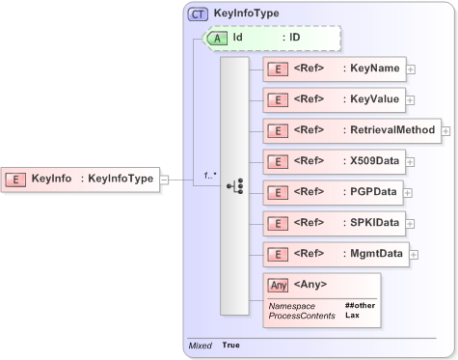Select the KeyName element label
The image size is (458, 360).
(x=372, y=69)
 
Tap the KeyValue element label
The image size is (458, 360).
(x=372, y=98)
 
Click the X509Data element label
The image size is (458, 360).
(x=374, y=160)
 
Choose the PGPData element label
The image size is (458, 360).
(x=373, y=191)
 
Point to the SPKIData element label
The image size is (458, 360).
(x=374, y=222)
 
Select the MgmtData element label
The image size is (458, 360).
(x=375, y=253)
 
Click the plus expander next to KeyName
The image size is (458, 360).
(x=411, y=69)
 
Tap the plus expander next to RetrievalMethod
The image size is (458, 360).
(x=446, y=130)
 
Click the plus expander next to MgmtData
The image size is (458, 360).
(x=413, y=254)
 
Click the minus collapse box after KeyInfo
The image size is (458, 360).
(x=164, y=179)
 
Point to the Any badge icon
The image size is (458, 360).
(x=278, y=285)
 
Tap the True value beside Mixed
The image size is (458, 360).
(x=230, y=345)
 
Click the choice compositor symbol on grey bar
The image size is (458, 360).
(x=234, y=185)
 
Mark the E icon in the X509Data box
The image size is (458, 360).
(x=278, y=161)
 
